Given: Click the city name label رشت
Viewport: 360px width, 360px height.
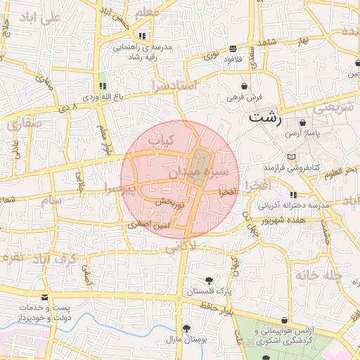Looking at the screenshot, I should pos(264,117).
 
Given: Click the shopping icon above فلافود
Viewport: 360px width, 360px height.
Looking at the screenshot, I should pos(232,49).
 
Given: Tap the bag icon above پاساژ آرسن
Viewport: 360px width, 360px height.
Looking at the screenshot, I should pos(302,122).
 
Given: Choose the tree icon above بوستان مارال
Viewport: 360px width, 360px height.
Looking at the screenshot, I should pos(186,328).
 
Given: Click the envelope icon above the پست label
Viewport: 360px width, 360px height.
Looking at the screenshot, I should pos(46,297).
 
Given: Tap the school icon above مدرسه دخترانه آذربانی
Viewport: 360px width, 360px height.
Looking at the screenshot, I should pos(292,194).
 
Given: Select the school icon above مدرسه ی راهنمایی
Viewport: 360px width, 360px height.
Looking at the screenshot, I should pos(143,35).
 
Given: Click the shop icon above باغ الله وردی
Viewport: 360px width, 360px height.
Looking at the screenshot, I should pos(103,86).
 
